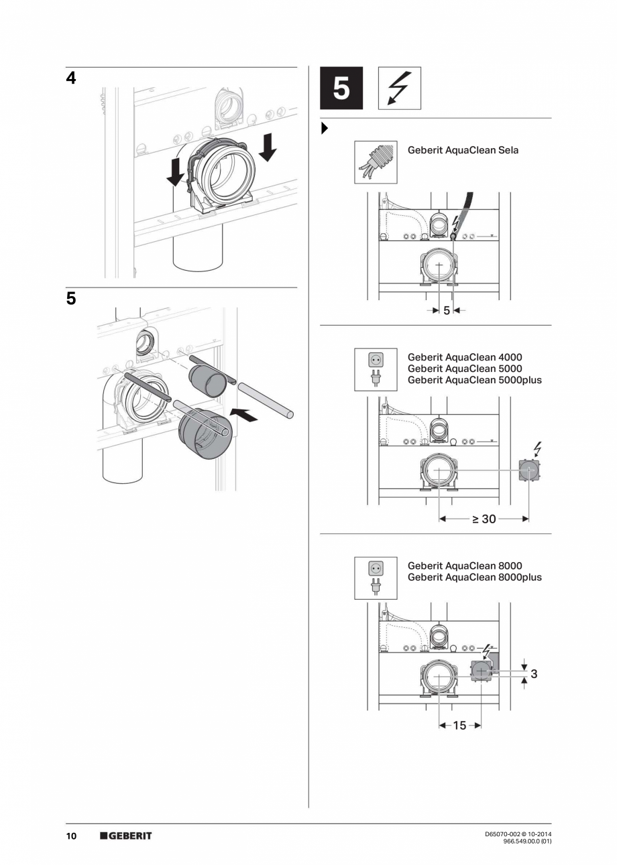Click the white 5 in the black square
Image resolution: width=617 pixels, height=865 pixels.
pyautogui.click(x=341, y=88)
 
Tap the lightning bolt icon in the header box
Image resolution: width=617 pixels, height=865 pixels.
pyautogui.click(x=400, y=88)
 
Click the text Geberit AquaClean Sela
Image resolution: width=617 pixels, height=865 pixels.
pyautogui.click(x=463, y=150)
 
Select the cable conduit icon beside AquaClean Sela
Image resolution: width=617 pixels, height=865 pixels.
pyautogui.click(x=376, y=162)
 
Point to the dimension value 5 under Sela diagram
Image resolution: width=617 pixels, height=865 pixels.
pyautogui.click(x=447, y=310)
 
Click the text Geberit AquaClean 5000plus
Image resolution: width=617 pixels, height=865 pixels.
pyautogui.click(x=474, y=380)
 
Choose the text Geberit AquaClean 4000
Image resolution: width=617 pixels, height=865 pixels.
pyautogui.click(x=464, y=357)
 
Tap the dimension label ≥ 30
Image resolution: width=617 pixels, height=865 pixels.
pyautogui.click(x=484, y=519)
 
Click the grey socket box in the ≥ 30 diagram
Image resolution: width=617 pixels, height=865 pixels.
pyautogui.click(x=529, y=470)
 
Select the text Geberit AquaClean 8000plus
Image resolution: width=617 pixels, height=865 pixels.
pyautogui.click(x=474, y=578)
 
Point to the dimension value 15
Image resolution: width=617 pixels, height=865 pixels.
pyautogui.click(x=459, y=726)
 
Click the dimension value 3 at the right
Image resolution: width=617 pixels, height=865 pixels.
pyautogui.click(x=534, y=674)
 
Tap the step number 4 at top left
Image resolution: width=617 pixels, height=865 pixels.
pyautogui.click(x=70, y=78)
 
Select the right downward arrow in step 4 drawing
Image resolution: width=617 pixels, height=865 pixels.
pyautogui.click(x=267, y=147)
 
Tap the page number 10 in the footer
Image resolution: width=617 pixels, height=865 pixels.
pyautogui.click(x=71, y=836)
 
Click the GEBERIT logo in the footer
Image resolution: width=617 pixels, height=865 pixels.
pyautogui.click(x=126, y=836)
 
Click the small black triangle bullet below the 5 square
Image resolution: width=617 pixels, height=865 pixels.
pyautogui.click(x=325, y=128)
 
